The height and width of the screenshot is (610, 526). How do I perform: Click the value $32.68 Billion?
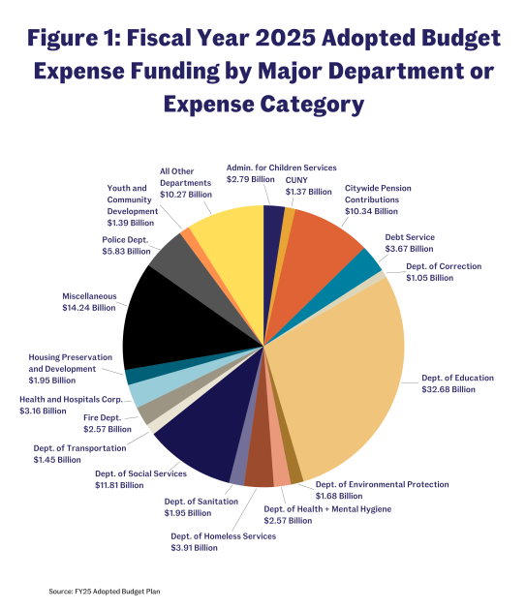click(449, 389)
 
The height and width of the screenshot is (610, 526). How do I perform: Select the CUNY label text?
click(296, 180)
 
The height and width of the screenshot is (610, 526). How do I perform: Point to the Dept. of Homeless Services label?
click(223, 535)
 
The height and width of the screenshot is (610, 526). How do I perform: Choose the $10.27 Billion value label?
click(186, 194)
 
